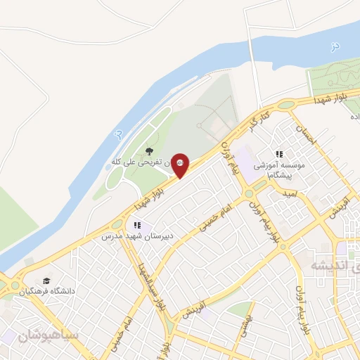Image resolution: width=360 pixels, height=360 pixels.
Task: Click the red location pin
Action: pyautogui.click(x=180, y=165)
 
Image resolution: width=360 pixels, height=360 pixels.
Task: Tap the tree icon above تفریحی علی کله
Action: pyautogui.click(x=148, y=152)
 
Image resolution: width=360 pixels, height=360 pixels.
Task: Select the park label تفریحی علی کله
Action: pyautogui.click(x=141, y=162)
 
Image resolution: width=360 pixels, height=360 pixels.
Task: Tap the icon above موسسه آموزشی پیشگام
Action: pyautogui.click(x=278, y=154)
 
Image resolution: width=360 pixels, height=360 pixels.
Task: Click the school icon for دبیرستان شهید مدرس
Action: pyautogui.click(x=138, y=226)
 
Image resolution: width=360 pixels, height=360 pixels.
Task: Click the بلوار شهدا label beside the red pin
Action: pyautogui.click(x=151, y=195)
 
